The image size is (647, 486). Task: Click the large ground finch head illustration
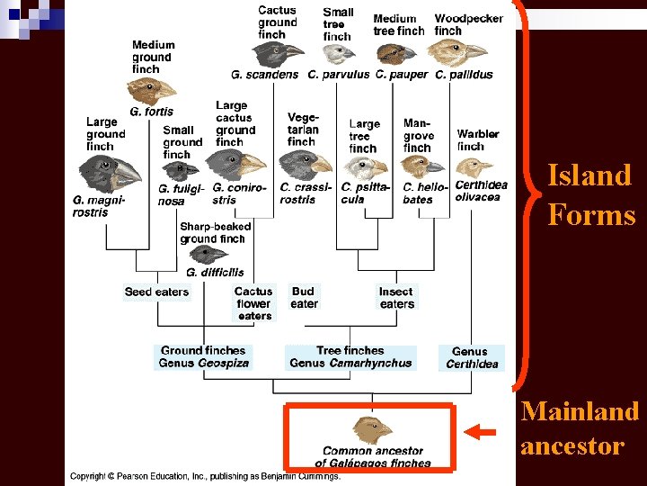pos(111,172)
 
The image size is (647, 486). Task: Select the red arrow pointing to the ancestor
pos(483,433)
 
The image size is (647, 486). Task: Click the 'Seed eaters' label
pos(157,292)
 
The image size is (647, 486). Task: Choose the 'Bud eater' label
pos(304,298)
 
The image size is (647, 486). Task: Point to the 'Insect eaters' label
pos(396,298)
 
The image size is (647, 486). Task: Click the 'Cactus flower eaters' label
pos(253,303)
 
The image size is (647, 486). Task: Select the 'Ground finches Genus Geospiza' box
pos(202,356)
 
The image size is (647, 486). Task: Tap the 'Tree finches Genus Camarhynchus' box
pos(350,356)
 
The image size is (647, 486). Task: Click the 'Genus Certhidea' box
pos(470,357)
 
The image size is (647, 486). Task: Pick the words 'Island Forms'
pos(590,195)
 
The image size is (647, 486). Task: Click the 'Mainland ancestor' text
pos(580,428)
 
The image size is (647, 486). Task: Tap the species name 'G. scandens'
pos(264,75)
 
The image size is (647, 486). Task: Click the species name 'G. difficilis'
pos(215,272)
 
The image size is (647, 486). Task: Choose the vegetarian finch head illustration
pos(306,164)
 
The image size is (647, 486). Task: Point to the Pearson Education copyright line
pos(206,476)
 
